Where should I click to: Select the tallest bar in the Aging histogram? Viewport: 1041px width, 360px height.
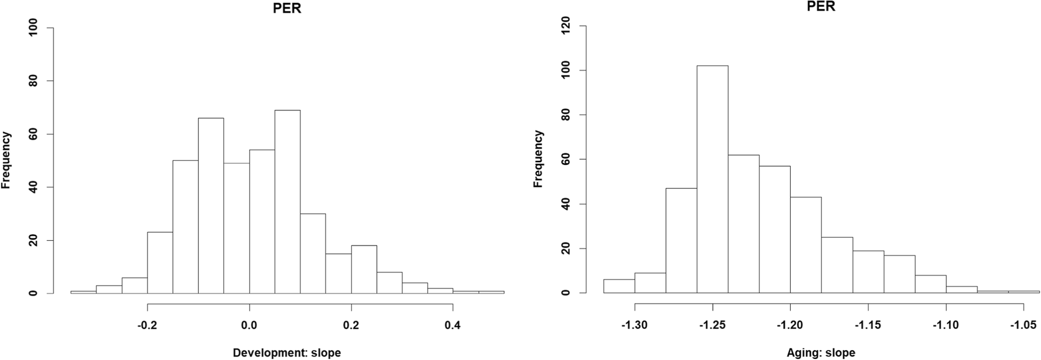pos(712,179)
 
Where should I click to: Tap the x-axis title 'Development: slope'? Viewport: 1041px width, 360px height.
pos(287,353)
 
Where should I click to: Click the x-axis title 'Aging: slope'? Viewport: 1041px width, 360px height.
pos(821,353)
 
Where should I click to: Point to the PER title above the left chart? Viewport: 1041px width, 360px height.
pos(287,8)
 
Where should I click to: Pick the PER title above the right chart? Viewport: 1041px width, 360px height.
pos(821,6)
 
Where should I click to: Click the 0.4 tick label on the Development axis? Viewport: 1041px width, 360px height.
pos(453,325)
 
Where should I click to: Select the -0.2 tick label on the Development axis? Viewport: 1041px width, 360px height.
pos(147,325)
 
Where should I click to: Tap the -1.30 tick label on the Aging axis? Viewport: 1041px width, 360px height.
pos(634,325)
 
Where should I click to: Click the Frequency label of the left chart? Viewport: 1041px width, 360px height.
pos(6,160)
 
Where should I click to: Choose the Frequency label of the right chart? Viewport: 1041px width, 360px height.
pos(539,159)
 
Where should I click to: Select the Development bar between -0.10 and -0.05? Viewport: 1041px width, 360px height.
pos(210,206)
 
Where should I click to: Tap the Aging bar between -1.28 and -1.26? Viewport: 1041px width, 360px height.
pos(681,240)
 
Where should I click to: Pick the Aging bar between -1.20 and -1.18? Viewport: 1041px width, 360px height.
pos(805,245)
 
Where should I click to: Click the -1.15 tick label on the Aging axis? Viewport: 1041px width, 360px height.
pos(868,325)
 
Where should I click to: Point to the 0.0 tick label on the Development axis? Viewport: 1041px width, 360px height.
pos(249,325)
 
